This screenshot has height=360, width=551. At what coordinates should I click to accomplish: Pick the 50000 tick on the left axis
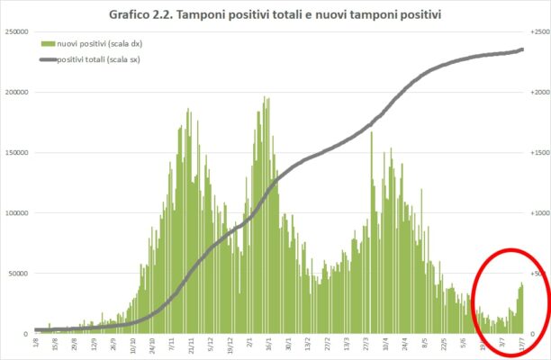pyautogui.click(x=19, y=274)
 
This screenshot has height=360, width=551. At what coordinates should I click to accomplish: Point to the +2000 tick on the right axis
pyautogui.click(x=539, y=92)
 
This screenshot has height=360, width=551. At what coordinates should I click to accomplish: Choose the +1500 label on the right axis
pyautogui.click(x=539, y=152)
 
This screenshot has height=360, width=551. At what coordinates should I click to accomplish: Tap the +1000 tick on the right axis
pyautogui.click(x=539, y=212)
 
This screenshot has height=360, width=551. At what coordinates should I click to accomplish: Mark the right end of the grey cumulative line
pyautogui.click(x=523, y=49)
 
